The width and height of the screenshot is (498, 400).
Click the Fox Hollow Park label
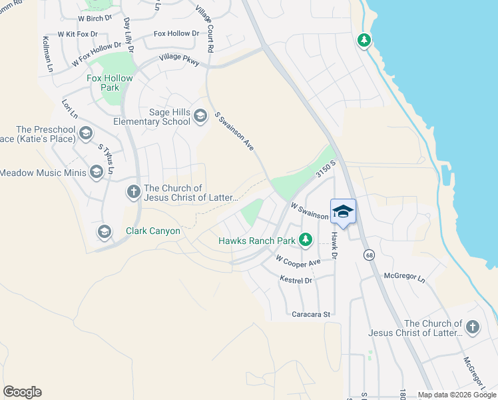tap(111, 83)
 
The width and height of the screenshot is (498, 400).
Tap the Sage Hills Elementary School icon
tap(200, 118)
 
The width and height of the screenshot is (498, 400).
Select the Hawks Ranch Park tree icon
tap(306, 239)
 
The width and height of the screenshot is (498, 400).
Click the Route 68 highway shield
tap(368, 255)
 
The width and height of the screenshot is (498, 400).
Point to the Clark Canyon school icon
tap(104, 231)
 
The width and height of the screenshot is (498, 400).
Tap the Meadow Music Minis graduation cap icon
tap(96, 173)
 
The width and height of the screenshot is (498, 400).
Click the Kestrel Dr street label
tap(296, 281)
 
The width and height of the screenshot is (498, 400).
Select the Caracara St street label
tap(311, 313)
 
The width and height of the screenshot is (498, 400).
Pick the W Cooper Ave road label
tap(298, 260)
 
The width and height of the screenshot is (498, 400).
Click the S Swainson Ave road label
tap(234, 130)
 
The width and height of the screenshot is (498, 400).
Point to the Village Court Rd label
tap(205, 29)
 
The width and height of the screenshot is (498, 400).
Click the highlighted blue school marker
tap(343, 211)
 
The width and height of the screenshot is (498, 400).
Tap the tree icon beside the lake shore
tap(364, 41)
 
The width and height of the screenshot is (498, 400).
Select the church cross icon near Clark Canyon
tap(134, 192)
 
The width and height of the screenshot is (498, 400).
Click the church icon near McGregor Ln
tap(472, 327)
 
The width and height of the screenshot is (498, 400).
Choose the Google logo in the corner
tap(22, 392)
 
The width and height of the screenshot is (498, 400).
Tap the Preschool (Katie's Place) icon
tap(85, 134)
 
